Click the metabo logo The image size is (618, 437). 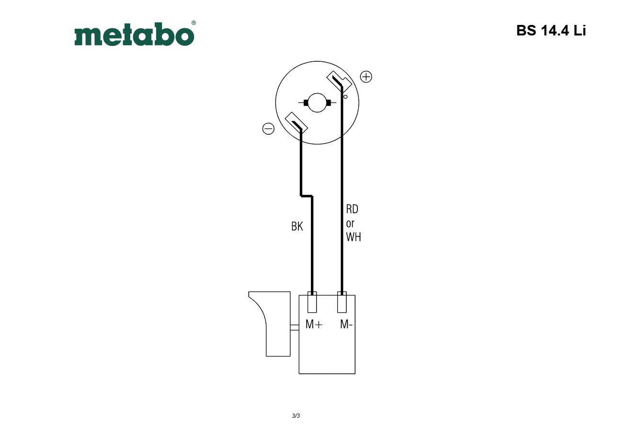[134, 34]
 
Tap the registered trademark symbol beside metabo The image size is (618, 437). [194, 23]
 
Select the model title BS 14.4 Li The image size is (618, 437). [551, 30]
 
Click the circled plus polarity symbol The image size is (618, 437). [366, 77]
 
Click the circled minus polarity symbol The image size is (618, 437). [268, 128]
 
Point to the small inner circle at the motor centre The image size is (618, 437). [317, 103]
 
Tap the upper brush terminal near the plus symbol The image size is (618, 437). [339, 81]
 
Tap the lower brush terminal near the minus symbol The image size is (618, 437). [296, 123]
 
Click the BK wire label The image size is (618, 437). [297, 227]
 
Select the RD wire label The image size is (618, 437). [352, 209]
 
